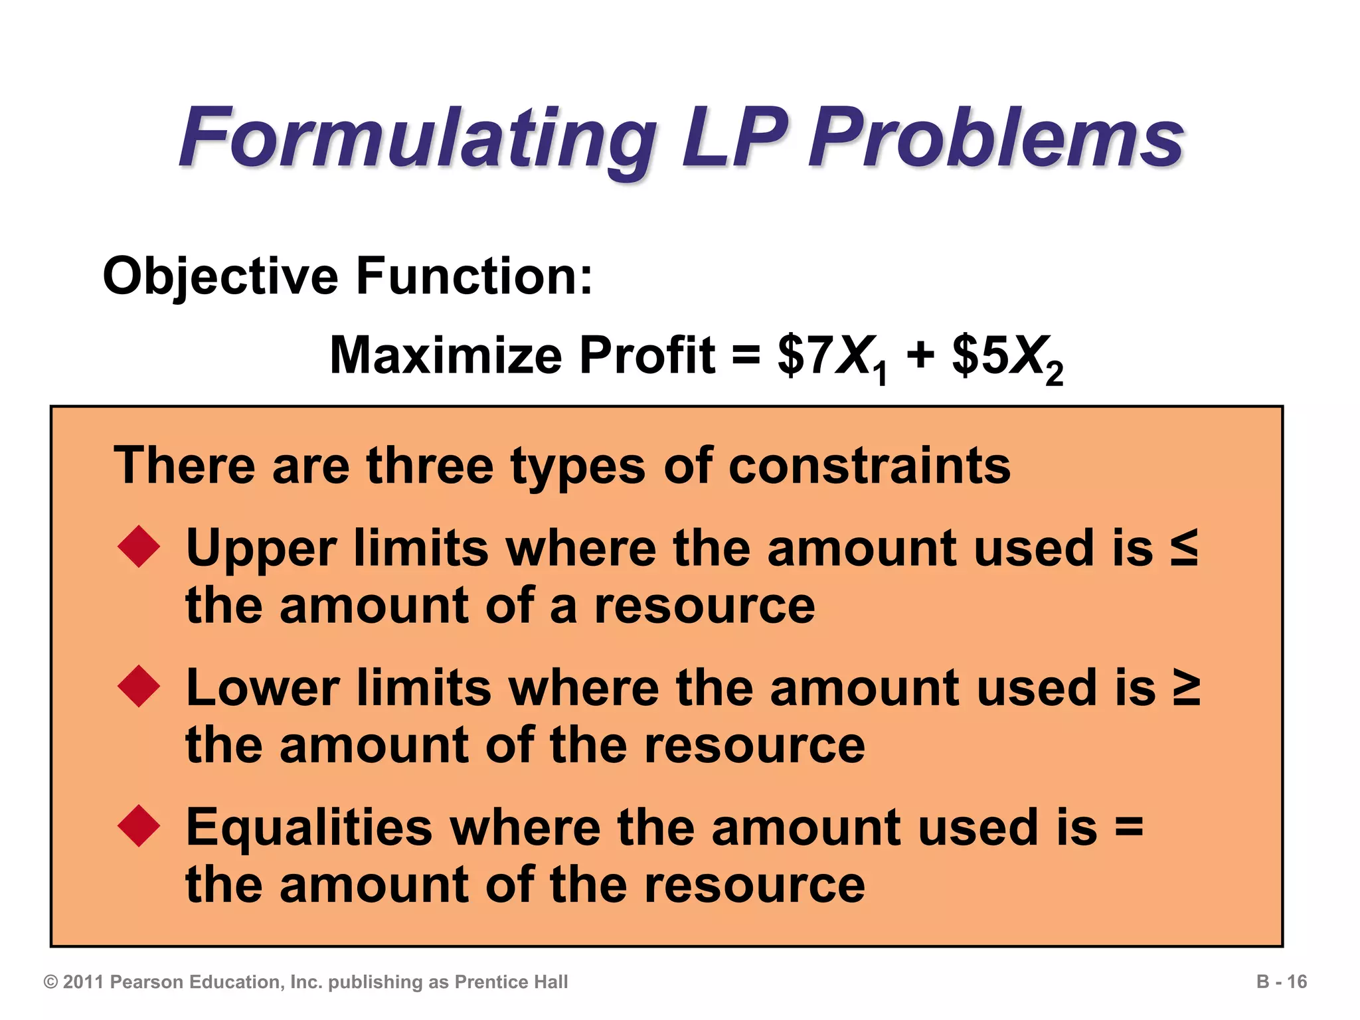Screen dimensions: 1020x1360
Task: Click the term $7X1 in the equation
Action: pyautogui.click(x=833, y=359)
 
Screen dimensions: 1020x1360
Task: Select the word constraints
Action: pyautogui.click(x=869, y=466)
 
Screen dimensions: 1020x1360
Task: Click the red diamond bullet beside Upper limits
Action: pyautogui.click(x=139, y=547)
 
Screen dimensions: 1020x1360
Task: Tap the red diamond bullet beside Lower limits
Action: pyautogui.click(x=139, y=686)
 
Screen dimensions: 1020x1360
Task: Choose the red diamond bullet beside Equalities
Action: pyautogui.click(x=139, y=825)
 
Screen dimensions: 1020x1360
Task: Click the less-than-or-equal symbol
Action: pyautogui.click(x=1183, y=548)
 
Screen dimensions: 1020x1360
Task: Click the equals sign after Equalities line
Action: pyautogui.click(x=1129, y=827)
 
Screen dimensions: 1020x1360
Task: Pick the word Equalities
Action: pyautogui.click(x=309, y=827)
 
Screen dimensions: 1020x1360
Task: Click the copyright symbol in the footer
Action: pyautogui.click(x=50, y=982)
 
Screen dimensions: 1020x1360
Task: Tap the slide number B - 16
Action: pyautogui.click(x=1281, y=981)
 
